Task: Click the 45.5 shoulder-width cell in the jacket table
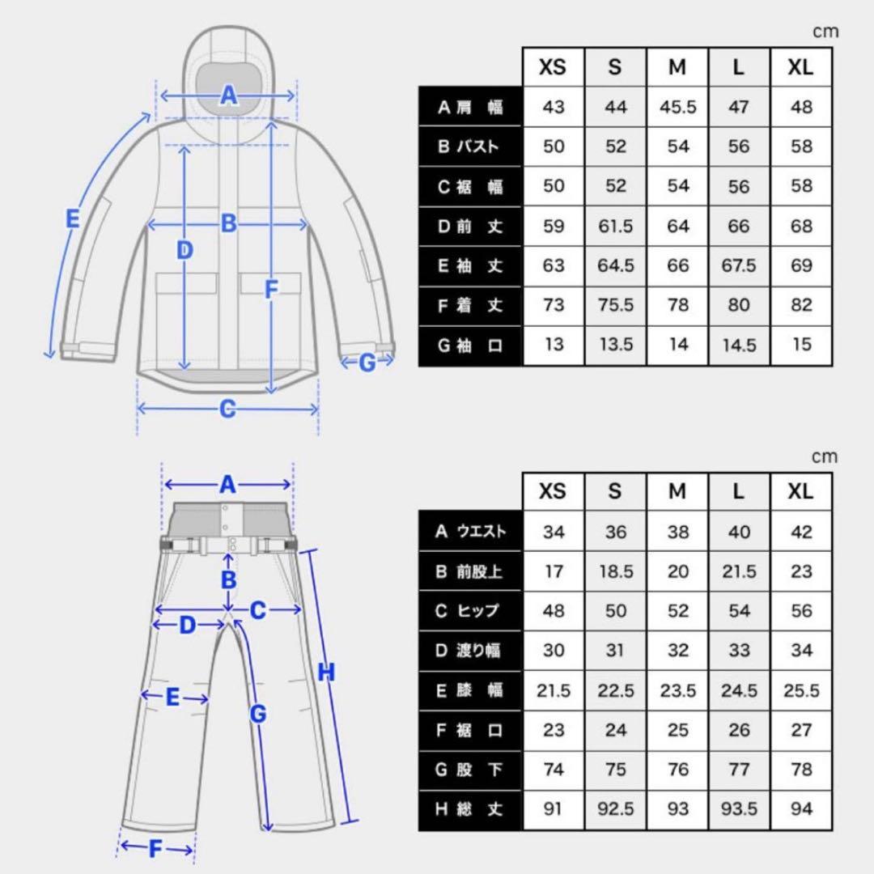(677, 108)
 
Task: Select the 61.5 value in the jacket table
(616, 227)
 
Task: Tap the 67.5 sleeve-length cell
(739, 266)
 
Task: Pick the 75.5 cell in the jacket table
(616, 305)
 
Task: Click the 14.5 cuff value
(739, 345)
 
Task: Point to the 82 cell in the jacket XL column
(800, 305)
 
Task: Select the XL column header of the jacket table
(800, 68)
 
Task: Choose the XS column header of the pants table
(554, 492)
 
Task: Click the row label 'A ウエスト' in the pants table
(470, 532)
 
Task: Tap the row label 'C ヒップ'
(470, 611)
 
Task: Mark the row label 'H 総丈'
(470, 808)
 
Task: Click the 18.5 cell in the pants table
(616, 571)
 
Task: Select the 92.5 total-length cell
(616, 808)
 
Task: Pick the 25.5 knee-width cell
(800, 690)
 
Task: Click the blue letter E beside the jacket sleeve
(72, 218)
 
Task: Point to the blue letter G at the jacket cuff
(367, 363)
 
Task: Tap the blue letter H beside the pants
(326, 672)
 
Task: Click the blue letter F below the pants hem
(156, 849)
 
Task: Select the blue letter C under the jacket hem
(227, 409)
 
